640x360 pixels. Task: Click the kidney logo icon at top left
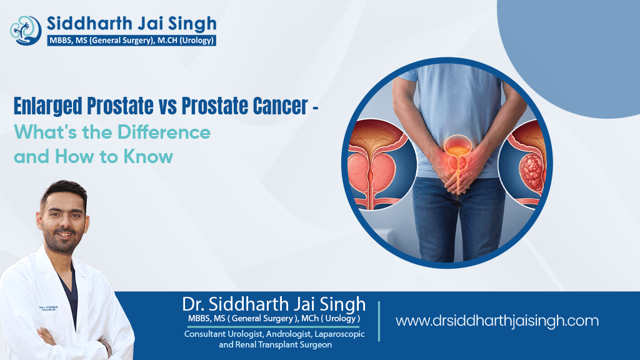click(x=26, y=30)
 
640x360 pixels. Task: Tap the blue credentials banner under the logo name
click(x=131, y=41)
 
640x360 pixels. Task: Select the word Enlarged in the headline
click(x=48, y=106)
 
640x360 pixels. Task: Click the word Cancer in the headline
click(x=281, y=106)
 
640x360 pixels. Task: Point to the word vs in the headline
click(x=167, y=107)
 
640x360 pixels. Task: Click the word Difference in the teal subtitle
click(x=164, y=132)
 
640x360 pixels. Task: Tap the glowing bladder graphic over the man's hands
click(x=457, y=153)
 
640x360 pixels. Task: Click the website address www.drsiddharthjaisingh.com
click(x=497, y=321)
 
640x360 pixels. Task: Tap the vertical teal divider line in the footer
click(x=379, y=321)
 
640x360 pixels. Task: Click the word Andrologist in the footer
click(x=288, y=334)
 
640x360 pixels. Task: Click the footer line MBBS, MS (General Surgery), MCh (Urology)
click(x=274, y=319)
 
